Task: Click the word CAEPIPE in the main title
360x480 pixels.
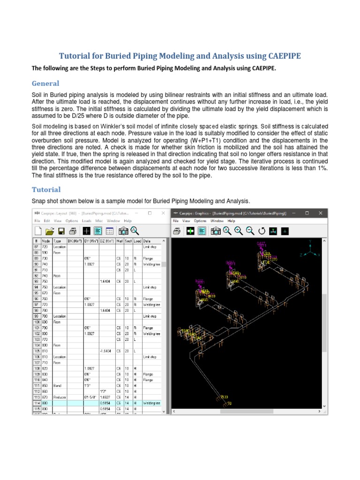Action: [278, 56]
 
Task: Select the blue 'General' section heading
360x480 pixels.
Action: [45, 83]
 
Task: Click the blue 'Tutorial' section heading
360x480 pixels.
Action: [46, 189]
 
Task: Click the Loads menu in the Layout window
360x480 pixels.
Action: [87, 220]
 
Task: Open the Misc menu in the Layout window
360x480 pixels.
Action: [99, 220]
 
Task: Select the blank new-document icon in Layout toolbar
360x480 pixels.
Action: [38, 231]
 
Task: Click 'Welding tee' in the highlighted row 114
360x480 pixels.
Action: [152, 403]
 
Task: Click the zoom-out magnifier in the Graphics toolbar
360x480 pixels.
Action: [250, 231]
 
